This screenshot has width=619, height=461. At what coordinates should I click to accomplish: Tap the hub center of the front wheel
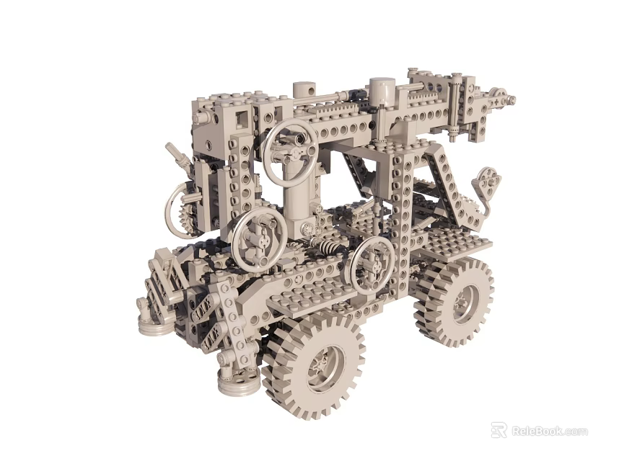coord(320,367)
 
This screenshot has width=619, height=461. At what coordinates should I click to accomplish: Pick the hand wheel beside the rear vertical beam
coord(372,264)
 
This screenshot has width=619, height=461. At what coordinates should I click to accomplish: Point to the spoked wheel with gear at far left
coord(181,210)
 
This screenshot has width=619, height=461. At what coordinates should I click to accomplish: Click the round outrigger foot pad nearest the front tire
coord(238,384)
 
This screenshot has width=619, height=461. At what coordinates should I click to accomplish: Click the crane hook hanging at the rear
coord(486,184)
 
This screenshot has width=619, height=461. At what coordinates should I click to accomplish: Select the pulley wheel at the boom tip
coord(497,97)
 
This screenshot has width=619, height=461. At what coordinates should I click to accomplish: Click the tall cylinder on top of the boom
coord(382,92)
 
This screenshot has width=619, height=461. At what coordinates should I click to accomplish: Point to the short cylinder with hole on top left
coord(304,91)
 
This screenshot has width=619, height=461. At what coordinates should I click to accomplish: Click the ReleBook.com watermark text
coord(549,431)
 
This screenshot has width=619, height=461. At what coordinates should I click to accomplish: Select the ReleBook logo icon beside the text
coord(499,431)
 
